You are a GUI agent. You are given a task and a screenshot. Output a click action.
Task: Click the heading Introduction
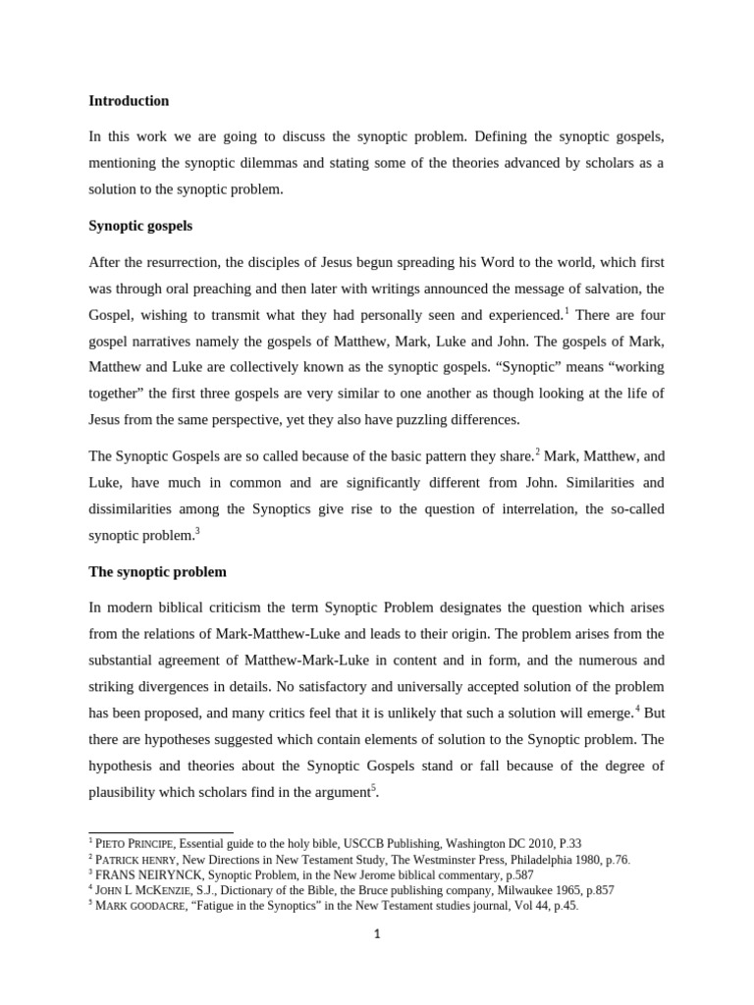pos(129,100)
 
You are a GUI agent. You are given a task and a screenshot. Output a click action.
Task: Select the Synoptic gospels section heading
pos(140,226)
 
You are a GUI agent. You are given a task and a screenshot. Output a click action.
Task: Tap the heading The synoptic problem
pos(158,571)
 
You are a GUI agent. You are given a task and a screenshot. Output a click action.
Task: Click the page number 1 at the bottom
pos(376,933)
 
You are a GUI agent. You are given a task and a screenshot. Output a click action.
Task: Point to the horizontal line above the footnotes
pos(161,832)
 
